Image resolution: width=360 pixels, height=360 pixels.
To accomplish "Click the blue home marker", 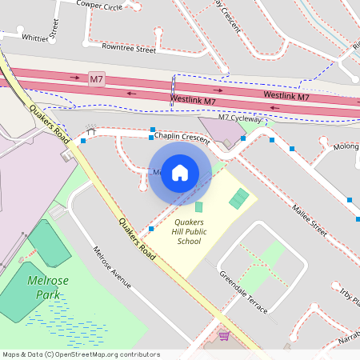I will click(x=180, y=173).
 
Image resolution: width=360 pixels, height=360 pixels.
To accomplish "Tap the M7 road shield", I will click(x=96, y=78).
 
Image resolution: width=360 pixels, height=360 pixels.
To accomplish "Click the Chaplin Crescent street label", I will click(x=182, y=138).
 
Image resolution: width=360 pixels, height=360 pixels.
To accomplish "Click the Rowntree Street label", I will click(x=129, y=49).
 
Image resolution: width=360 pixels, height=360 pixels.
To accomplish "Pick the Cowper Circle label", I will click(x=99, y=6).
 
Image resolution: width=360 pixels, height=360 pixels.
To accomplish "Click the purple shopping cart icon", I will click(x=225, y=335).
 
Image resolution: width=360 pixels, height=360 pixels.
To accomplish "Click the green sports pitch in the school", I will click(x=239, y=198).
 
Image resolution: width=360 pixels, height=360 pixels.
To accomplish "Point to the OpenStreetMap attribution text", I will click(x=81, y=354).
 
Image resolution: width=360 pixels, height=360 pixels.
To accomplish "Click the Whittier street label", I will click(x=35, y=37).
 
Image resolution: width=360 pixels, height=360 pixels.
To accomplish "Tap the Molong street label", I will click(x=346, y=147).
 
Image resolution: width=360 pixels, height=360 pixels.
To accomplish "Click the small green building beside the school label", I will click(x=199, y=207).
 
